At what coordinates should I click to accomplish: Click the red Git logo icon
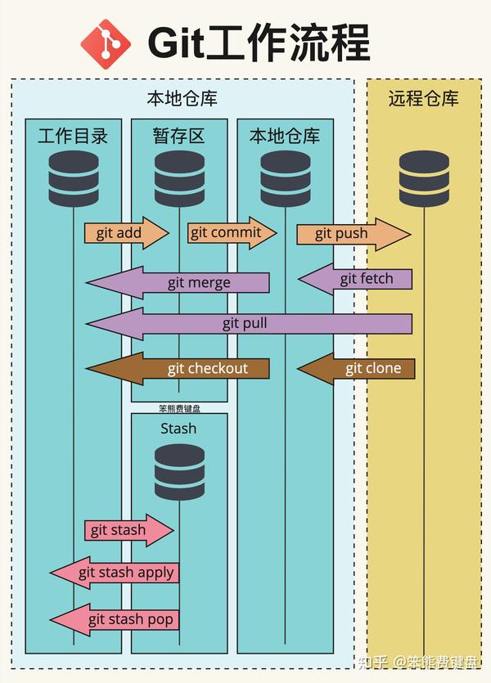coord(106,42)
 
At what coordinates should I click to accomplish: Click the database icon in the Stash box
coord(179,472)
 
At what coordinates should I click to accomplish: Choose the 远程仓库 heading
coord(423,99)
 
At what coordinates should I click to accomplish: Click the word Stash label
coord(178,428)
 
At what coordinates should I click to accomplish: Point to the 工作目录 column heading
coord(73,135)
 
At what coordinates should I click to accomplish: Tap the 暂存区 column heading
coord(179,135)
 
